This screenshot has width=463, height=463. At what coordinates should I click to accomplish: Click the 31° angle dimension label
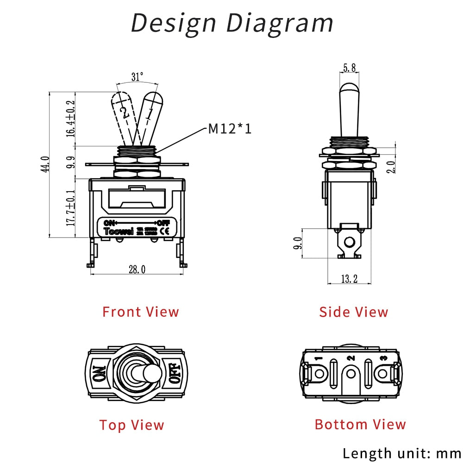pyautogui.click(x=137, y=77)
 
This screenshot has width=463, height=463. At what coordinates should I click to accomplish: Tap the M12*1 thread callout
pyautogui.click(x=230, y=128)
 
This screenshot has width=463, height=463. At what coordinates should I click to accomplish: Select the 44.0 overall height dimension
pyautogui.click(x=45, y=164)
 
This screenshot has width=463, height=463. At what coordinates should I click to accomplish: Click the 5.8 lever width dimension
pyautogui.click(x=349, y=68)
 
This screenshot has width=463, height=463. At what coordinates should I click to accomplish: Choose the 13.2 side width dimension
pyautogui.click(x=349, y=278)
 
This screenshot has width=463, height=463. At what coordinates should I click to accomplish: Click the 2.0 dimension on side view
pyautogui.click(x=392, y=166)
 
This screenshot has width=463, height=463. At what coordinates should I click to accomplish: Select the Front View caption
pyautogui.click(x=140, y=312)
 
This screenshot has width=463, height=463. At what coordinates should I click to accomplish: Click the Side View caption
pyautogui.click(x=353, y=312)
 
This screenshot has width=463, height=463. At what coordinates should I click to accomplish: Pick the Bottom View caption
pyautogui.click(x=360, y=424)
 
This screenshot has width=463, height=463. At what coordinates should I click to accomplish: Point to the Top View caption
pyautogui.click(x=131, y=425)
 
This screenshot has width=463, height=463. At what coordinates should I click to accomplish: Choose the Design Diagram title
pyautogui.click(x=231, y=22)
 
